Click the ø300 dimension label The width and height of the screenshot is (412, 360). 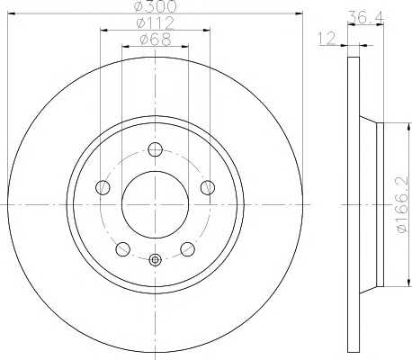coord(156,6)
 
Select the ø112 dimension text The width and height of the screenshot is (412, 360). coord(155,23)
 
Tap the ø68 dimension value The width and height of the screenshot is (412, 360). coord(156,40)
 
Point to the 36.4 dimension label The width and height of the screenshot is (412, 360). coord(366,18)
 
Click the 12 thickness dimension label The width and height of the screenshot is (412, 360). coord(327,39)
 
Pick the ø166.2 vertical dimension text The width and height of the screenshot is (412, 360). coord(402,204)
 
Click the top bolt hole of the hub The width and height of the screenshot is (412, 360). coord(156,149)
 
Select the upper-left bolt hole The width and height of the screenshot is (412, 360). coord(103,187)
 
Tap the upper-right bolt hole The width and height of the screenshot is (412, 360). coord(208,187)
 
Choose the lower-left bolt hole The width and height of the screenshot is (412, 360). coord(122,249)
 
